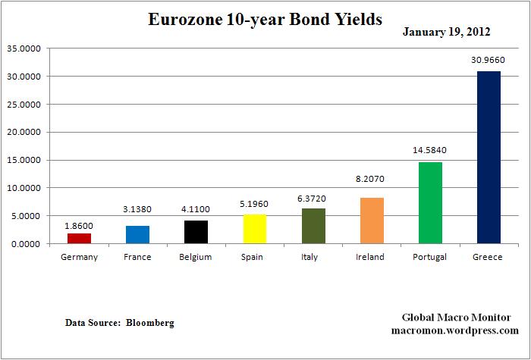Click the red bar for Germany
pos(79,238)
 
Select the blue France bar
pos(137,235)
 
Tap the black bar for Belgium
pos(196,232)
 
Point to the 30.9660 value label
pos(487,59)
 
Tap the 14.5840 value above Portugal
pos(429,151)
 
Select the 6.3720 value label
pos(312,197)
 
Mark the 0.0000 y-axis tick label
pos(25,244)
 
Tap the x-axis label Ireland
pos(370,257)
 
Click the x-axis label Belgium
pos(196,257)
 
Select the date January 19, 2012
pos(446,32)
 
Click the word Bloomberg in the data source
pos(149,323)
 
